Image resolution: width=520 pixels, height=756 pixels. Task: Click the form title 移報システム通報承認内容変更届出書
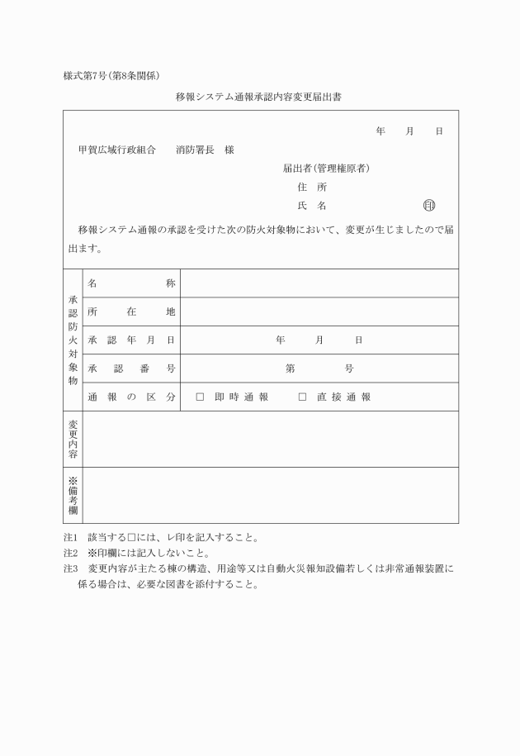coord(259,97)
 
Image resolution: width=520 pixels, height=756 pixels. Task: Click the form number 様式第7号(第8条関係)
coord(117,76)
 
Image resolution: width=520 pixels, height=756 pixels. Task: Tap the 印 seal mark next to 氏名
coord(429,205)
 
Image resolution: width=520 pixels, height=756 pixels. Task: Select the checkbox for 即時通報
coord(200,397)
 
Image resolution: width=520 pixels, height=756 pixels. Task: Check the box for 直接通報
coord(302,397)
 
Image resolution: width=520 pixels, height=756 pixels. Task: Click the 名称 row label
coord(131,283)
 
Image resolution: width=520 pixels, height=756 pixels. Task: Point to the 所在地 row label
coord(131,311)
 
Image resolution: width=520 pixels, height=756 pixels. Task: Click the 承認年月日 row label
coord(131,340)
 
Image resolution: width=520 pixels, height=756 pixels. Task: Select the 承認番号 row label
coord(131,368)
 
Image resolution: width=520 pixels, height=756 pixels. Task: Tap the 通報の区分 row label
coord(131,397)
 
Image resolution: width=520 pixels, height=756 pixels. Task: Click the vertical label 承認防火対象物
coord(73,340)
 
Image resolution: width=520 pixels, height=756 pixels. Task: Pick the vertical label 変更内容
coord(73,439)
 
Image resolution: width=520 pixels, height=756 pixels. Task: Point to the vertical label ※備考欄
coord(73,496)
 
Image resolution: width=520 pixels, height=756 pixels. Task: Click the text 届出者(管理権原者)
coord(325,169)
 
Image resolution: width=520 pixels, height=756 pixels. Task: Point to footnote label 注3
coord(70,568)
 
